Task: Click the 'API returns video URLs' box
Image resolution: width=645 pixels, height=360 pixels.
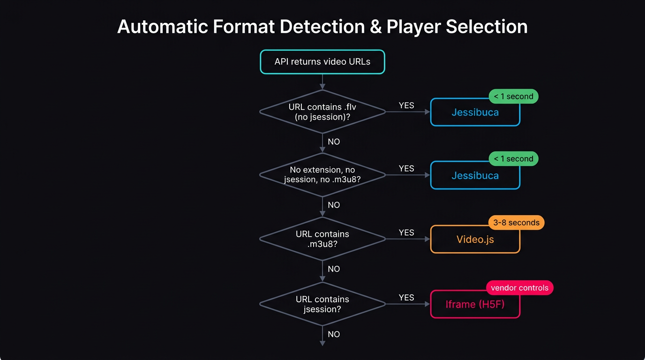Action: (x=322, y=62)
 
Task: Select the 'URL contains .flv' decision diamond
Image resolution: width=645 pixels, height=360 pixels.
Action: (x=322, y=112)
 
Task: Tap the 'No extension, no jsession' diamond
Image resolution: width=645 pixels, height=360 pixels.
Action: (x=322, y=175)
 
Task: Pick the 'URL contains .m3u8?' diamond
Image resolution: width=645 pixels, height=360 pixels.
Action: (x=322, y=239)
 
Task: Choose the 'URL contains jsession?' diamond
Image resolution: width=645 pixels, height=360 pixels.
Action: (x=322, y=304)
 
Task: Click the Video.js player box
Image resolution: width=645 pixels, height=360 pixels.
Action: (x=475, y=240)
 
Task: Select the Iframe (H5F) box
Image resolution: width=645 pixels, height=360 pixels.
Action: (x=475, y=304)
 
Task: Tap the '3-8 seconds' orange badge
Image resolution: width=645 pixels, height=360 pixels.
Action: (x=516, y=223)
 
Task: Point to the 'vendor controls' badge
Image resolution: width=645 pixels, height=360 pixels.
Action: (x=519, y=288)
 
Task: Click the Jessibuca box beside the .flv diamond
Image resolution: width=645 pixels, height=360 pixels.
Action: (x=475, y=112)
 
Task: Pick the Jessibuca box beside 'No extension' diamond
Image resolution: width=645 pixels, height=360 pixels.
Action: (x=475, y=176)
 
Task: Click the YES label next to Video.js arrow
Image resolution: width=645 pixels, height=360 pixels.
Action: (x=406, y=232)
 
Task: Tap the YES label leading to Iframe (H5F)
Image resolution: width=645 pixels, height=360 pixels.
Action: (x=406, y=298)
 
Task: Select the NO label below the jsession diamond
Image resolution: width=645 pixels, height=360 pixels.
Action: (x=334, y=334)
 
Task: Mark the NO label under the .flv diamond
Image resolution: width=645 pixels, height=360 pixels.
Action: (x=334, y=142)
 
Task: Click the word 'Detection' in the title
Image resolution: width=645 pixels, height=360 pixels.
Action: (x=321, y=27)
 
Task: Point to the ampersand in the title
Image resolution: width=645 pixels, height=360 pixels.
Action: (x=375, y=27)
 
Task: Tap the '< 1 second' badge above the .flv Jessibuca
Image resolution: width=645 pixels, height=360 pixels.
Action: (x=513, y=97)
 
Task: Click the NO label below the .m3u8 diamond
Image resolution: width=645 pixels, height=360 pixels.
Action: (x=334, y=269)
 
